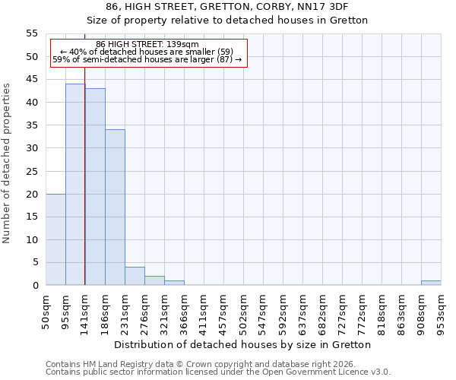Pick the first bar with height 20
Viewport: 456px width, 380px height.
(55, 239)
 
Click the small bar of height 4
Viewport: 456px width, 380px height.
(135, 277)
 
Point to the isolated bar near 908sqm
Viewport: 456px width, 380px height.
(431, 283)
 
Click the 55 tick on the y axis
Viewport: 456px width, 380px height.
(32, 33)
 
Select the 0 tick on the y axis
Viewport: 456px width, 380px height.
(35, 286)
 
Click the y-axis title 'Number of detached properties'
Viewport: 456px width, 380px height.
(8, 163)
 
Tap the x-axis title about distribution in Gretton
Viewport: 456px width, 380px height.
(243, 344)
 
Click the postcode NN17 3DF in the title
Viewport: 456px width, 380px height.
(323, 6)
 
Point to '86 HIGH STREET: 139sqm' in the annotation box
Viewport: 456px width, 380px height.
(147, 45)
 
